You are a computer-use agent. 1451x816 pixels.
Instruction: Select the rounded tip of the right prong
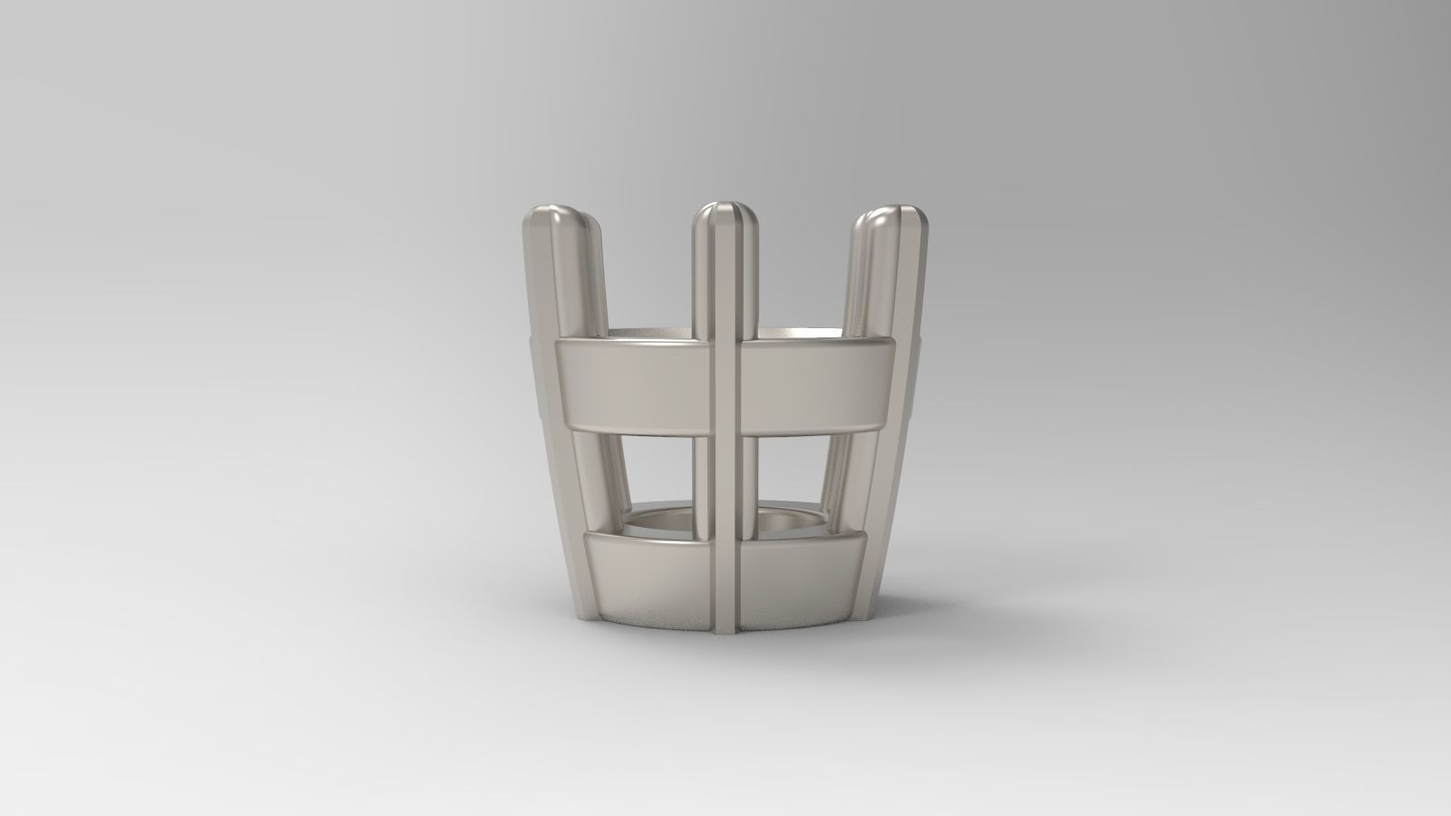click(893, 218)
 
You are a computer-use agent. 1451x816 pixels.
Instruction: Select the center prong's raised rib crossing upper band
click(725, 385)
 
